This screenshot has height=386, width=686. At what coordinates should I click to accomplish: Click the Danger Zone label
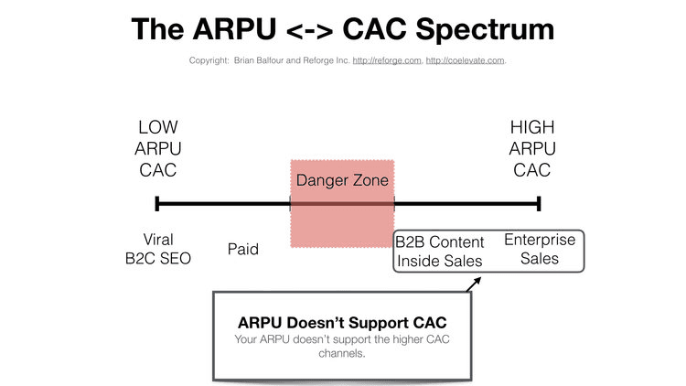[x=342, y=180]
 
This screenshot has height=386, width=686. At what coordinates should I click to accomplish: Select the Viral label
[x=158, y=239]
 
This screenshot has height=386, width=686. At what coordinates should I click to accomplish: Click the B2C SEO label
[x=158, y=258]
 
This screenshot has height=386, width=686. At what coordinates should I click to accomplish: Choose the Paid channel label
[x=242, y=249]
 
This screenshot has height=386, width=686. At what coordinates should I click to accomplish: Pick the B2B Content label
[x=440, y=242]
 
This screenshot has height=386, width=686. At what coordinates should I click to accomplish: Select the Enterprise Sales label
[x=540, y=249]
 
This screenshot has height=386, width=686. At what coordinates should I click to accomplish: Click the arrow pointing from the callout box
[x=472, y=284]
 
